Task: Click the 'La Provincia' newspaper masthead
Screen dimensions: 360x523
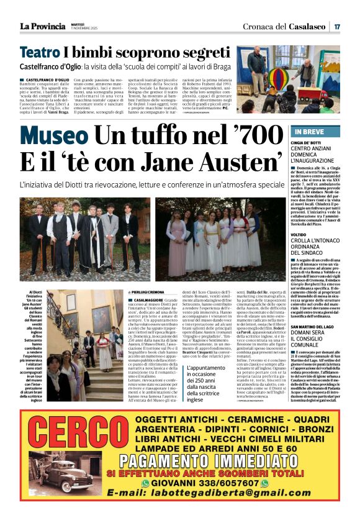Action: (42, 25)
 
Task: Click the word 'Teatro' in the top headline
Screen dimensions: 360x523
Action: (40, 52)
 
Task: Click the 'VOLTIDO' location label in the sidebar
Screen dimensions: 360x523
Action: (302, 235)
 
